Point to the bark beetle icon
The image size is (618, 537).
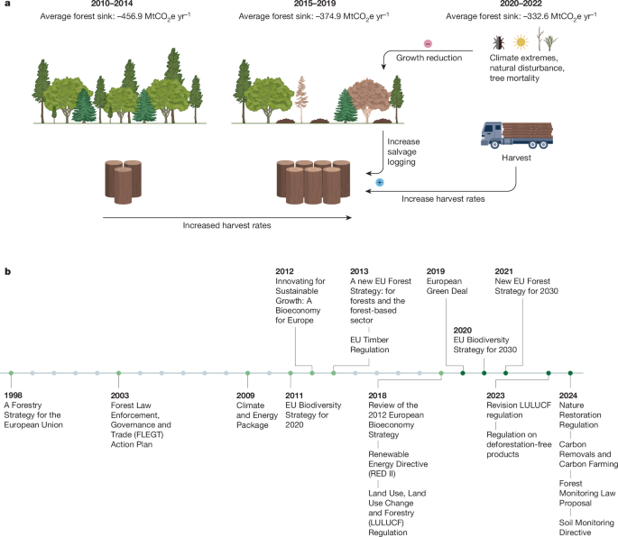499,42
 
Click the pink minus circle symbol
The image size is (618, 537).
429,42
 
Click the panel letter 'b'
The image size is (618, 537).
6,269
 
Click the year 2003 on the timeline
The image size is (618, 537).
120,394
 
